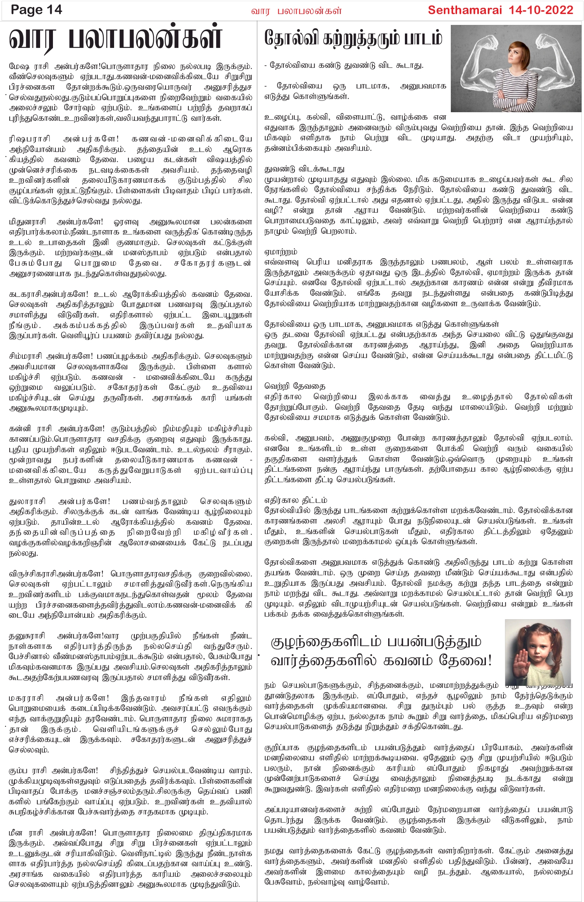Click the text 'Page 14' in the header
pyautogui.click(x=36, y=10)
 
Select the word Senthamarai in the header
pyautogui.click(x=465, y=10)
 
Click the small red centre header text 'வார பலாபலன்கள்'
pyautogui.click(x=296, y=11)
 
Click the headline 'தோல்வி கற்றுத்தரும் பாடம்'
pyautogui.click(x=353, y=39)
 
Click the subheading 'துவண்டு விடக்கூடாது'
pyautogui.click(x=304, y=169)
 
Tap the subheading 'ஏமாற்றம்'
pyautogui.click(x=281, y=252)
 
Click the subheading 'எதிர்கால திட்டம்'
pyautogui.click(x=296, y=500)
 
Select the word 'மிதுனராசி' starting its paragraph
pyautogui.click(x=28, y=222)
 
